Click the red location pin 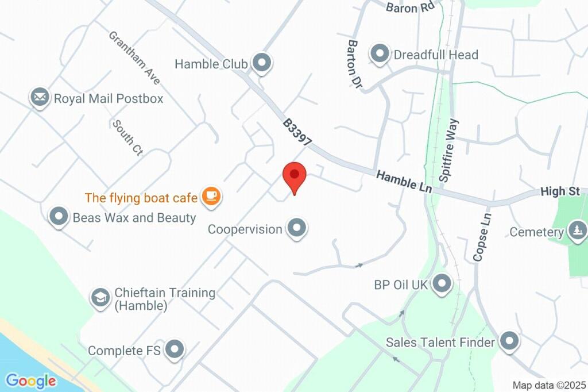295,176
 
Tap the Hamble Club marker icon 262,63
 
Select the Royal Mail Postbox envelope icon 40,98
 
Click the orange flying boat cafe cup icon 211,197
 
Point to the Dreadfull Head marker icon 379,55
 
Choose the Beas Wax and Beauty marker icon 59,217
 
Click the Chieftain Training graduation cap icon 100,298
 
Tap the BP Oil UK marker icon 442,284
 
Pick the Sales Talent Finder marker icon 509,342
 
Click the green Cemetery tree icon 577,232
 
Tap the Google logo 31,381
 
